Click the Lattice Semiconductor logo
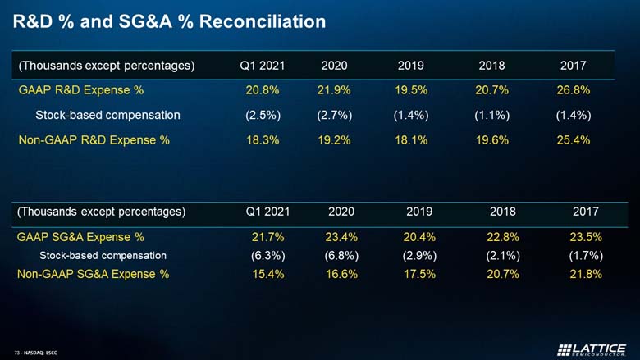(x=592, y=350)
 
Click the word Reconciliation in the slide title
(x=263, y=21)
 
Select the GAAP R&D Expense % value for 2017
(x=573, y=90)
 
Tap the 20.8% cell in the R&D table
(x=263, y=90)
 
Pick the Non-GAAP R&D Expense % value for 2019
(x=411, y=140)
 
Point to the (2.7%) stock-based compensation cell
(x=334, y=116)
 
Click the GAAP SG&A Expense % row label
(x=80, y=237)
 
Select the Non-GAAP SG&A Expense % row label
(x=93, y=274)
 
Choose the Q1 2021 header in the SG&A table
(x=267, y=212)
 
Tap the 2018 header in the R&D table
(x=491, y=66)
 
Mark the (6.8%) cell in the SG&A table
(x=341, y=256)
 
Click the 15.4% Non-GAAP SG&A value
(x=268, y=274)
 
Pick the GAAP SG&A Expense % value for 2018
(x=503, y=237)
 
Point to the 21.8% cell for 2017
(x=586, y=274)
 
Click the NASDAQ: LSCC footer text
(x=40, y=353)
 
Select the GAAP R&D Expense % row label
(x=80, y=90)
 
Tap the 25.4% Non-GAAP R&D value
(x=573, y=140)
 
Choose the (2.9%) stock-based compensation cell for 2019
(x=419, y=256)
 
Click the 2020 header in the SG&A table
(x=341, y=212)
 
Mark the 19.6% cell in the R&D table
(x=491, y=140)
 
